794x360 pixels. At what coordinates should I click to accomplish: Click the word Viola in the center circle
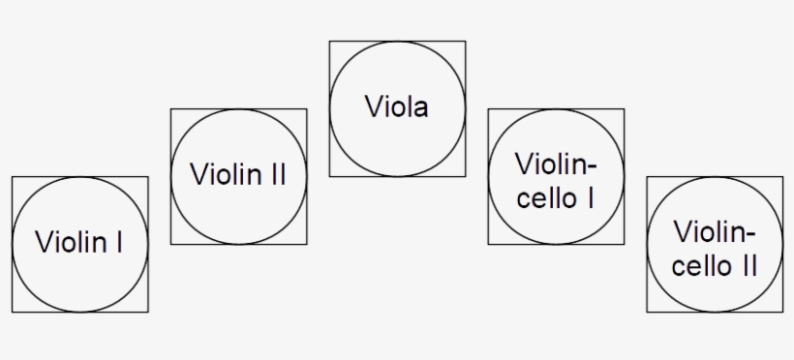click(396, 106)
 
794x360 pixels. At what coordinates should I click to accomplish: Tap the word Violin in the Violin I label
click(71, 242)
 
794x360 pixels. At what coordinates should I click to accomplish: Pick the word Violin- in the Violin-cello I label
click(556, 163)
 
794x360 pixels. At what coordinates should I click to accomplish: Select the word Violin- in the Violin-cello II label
click(715, 231)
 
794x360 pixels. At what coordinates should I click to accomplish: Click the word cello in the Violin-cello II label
click(700, 266)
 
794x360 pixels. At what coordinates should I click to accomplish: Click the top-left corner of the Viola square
click(329, 41)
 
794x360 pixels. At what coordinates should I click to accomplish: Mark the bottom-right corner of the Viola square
click(465, 176)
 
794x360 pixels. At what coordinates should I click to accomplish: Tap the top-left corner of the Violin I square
click(12, 176)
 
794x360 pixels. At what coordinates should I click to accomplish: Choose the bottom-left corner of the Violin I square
click(12, 312)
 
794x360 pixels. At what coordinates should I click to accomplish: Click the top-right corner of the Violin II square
click(306, 108)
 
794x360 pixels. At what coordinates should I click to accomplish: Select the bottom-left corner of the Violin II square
click(170, 244)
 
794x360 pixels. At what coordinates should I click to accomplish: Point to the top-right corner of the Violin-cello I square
click(624, 108)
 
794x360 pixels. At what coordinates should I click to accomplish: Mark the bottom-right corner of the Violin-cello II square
click(782, 312)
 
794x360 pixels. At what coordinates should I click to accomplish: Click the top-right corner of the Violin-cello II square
click(782, 176)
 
